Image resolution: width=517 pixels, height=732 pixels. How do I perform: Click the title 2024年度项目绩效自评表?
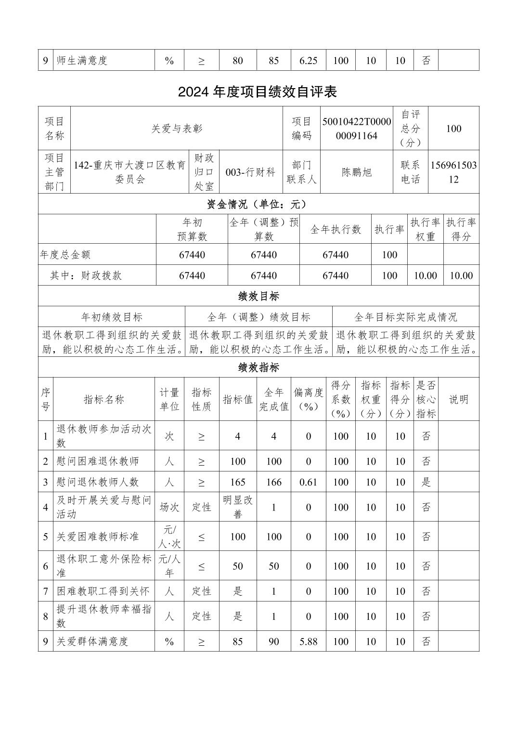[258, 92]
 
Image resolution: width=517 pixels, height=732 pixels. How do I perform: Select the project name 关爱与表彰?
[177, 129]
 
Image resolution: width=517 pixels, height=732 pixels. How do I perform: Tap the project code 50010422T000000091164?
[356, 129]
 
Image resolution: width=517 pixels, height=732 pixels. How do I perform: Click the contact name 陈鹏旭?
[357, 172]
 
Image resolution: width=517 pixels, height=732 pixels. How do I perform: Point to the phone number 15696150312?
[453, 172]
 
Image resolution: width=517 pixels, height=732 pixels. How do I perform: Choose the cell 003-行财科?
[250, 172]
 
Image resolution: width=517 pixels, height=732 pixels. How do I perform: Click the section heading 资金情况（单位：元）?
[258, 204]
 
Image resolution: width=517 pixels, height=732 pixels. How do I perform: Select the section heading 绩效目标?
[258, 296]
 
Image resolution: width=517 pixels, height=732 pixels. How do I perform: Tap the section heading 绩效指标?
[258, 368]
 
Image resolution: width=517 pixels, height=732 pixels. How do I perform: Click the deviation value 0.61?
[308, 482]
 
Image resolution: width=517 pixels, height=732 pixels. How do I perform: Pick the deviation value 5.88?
[308, 641]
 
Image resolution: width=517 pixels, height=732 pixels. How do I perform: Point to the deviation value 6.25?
[308, 61]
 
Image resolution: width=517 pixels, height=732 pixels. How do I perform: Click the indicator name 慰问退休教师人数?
[98, 482]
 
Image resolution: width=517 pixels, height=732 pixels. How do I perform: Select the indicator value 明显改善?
[238, 507]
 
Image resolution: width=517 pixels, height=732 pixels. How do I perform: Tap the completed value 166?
[274, 482]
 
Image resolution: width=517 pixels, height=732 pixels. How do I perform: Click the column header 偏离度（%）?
[309, 399]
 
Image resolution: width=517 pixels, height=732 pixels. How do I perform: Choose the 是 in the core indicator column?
[426, 482]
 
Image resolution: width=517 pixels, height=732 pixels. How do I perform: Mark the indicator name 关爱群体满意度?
[92, 641]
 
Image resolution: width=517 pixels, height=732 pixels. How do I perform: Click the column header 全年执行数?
[336, 230]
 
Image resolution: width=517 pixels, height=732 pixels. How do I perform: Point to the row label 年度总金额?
[65, 255]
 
